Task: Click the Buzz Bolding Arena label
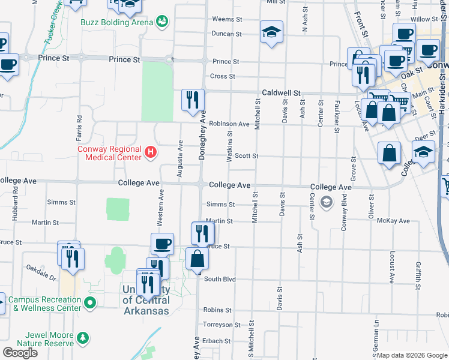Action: point(117,22)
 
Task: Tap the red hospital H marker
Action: point(151,154)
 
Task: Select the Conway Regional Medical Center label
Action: point(109,154)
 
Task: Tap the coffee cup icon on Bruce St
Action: point(162,244)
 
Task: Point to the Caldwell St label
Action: point(281,93)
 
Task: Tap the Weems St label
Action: point(223,20)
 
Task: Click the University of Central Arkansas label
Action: point(146,301)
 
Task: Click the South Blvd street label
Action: point(220,279)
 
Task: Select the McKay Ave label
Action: point(394,221)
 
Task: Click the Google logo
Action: point(20,353)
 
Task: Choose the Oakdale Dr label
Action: point(41,274)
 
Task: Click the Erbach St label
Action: point(218,341)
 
